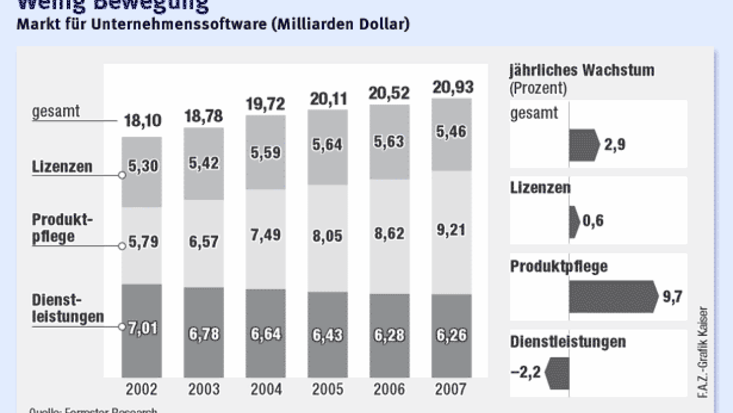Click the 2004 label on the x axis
(x=265, y=389)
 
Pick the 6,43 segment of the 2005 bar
(x=327, y=334)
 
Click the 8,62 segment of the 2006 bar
(x=389, y=234)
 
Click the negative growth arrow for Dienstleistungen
(x=557, y=373)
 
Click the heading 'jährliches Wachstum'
(x=582, y=70)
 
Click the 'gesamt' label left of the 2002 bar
(x=57, y=111)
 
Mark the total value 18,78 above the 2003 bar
(x=203, y=116)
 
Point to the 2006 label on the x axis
(x=389, y=389)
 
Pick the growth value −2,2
(x=525, y=373)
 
